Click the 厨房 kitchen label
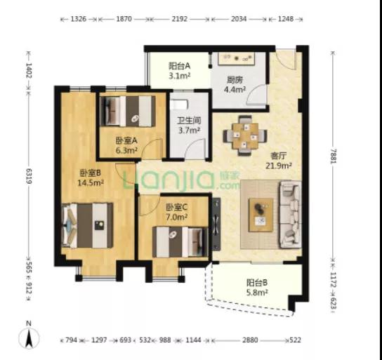(235, 80)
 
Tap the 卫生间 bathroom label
(189, 120)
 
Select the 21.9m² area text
(279, 166)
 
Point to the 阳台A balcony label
(179, 66)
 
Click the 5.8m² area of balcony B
(257, 292)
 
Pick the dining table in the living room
(245, 135)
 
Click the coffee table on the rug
(261, 215)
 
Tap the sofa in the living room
(290, 215)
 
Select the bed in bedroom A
(128, 112)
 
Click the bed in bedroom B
(87, 225)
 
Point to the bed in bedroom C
(180, 241)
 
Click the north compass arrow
(29, 338)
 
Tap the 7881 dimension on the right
(333, 155)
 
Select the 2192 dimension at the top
(180, 19)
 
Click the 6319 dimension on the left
(29, 176)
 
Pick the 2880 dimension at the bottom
(250, 340)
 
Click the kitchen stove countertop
(237, 58)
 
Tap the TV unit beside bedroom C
(216, 224)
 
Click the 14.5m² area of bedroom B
(91, 182)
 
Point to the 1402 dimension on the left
(29, 71)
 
